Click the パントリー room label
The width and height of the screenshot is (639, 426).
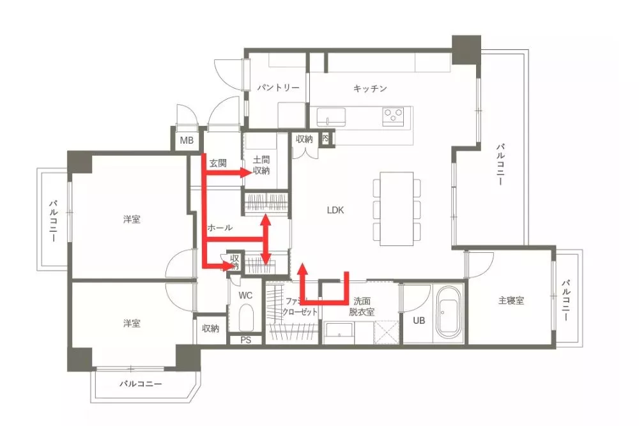pos(279,87)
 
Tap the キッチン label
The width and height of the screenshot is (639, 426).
pos(370,89)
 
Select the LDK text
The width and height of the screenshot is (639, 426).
pos(335,209)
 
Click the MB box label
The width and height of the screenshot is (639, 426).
pos(186,141)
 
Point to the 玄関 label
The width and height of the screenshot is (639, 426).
pos(218,163)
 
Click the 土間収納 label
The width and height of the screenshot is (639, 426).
pos(261,165)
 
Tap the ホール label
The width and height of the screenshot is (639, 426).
pos(220,227)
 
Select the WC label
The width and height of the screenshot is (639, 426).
pos(246,295)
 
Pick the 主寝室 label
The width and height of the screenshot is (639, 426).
pos(511,300)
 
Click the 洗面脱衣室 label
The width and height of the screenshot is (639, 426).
pos(361,306)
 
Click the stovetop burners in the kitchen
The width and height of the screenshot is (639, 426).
pos(393,116)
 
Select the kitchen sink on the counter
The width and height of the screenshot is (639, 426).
pos(332,117)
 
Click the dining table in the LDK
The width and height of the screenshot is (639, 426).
pos(397,208)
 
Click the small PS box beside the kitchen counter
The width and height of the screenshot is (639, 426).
pos(326,137)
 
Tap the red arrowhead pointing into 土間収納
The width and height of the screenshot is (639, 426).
pos(249,172)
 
